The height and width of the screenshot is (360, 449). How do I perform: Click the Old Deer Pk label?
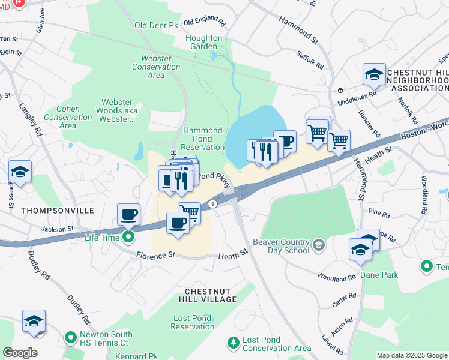157,26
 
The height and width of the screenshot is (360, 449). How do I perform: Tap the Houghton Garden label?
203,42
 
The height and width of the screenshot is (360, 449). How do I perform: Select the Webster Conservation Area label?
156,67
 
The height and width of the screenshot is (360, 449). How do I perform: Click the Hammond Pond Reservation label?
203,139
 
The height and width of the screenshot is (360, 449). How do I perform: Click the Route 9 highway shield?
213,205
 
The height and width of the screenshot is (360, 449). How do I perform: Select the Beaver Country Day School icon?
318,244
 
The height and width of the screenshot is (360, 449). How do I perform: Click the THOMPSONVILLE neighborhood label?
58,211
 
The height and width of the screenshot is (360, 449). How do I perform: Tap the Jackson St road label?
57,229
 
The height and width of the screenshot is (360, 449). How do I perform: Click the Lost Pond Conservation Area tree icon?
233,343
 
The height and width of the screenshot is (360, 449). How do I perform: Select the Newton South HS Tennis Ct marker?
71,337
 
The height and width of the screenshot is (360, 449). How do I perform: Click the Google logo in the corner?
20,352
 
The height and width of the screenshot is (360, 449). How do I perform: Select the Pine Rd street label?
379,212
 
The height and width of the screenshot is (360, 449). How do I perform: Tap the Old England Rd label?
204,22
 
